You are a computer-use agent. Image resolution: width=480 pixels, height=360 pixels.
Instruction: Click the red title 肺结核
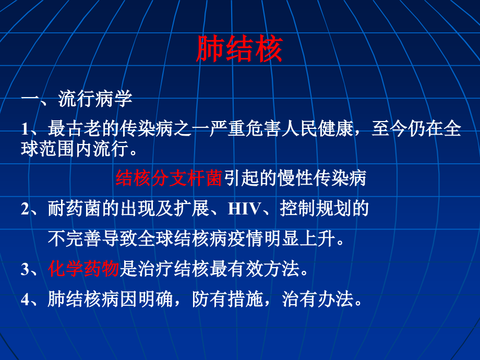point(239,49)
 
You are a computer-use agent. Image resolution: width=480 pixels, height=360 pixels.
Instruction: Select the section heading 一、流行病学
point(77,99)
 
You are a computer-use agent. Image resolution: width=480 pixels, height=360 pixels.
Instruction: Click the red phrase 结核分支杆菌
point(169,178)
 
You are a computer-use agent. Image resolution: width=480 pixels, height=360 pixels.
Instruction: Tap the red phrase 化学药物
point(83,269)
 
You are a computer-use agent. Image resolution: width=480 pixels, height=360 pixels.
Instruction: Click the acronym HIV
point(244,209)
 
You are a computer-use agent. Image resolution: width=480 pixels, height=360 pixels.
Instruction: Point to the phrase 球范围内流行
point(75,149)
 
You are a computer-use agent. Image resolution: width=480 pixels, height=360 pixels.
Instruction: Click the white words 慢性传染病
point(322,178)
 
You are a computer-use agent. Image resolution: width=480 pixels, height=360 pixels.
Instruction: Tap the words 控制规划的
point(324,209)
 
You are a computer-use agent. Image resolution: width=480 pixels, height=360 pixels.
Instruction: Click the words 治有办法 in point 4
point(317,299)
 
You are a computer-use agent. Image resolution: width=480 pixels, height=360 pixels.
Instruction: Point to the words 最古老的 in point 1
point(83,128)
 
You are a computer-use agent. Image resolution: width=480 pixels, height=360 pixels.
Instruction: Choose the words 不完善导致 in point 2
point(92,238)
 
